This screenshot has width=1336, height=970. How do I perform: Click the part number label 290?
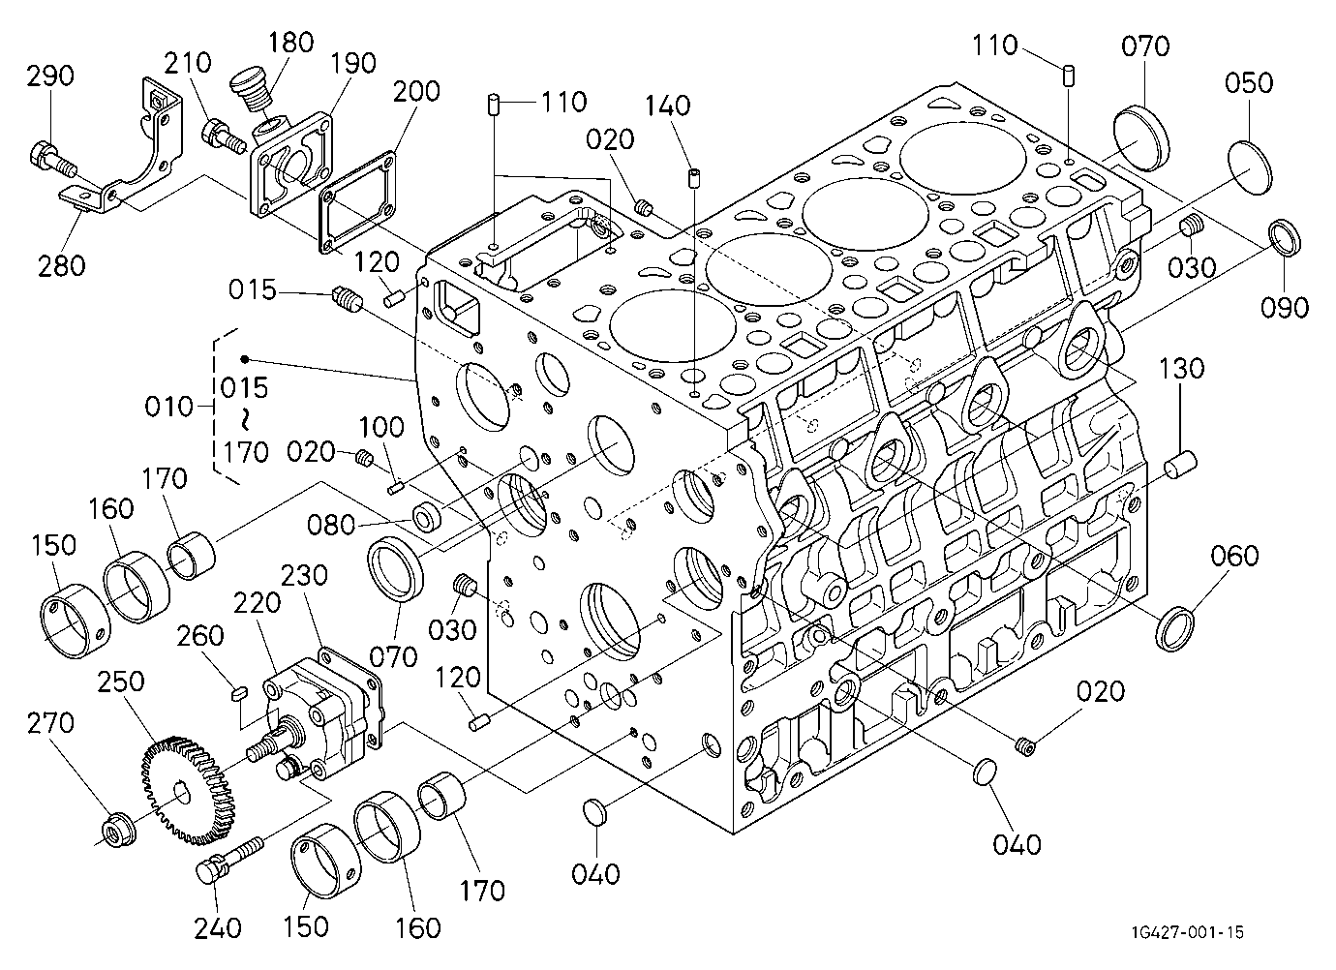[x=50, y=76]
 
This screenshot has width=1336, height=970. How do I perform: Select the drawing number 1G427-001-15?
[x=1188, y=932]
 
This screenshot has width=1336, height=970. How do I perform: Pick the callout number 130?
[x=1181, y=369]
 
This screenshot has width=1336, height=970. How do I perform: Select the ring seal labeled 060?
[x=1175, y=628]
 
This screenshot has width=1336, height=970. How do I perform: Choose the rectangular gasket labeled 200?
[x=356, y=201]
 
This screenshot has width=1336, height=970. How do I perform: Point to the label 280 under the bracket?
[x=61, y=266]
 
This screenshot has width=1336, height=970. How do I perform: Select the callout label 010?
[x=168, y=408]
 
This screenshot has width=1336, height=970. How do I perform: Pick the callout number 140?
[x=667, y=106]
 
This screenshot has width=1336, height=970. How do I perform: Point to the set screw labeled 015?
[x=347, y=299]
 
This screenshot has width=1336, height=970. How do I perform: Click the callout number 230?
[x=304, y=576]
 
